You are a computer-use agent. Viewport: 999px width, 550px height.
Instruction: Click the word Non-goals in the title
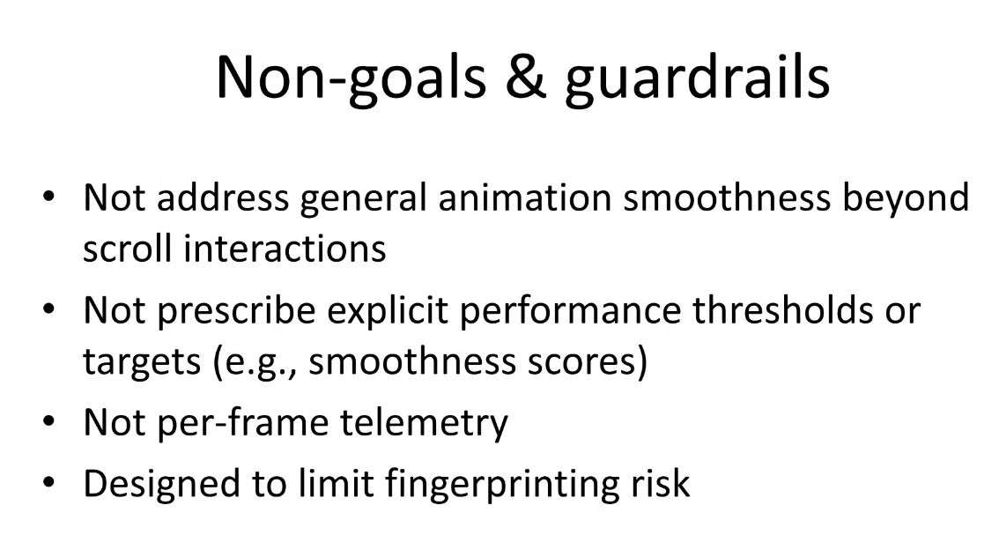click(x=351, y=78)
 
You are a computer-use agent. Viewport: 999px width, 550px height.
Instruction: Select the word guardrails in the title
click(x=697, y=78)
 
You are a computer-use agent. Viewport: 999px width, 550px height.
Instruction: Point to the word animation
click(x=525, y=197)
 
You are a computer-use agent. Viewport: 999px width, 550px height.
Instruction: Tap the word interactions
click(x=285, y=248)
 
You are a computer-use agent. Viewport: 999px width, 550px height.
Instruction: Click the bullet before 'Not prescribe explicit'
click(x=49, y=308)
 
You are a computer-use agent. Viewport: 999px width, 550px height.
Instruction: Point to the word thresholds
click(x=783, y=309)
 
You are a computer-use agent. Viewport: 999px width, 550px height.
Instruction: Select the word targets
click(x=142, y=362)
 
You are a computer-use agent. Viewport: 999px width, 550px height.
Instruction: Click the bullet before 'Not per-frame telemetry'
click(x=49, y=421)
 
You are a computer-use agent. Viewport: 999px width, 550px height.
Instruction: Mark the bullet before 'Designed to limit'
click(x=49, y=482)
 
